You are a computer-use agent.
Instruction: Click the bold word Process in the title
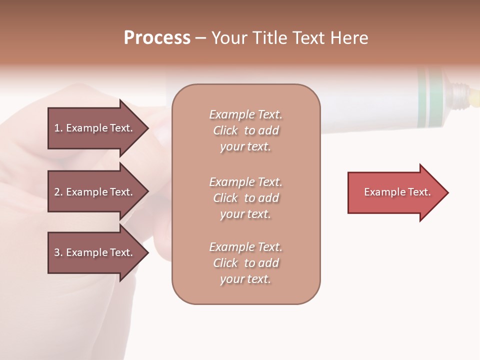click(157, 38)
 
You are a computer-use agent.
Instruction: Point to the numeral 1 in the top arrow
click(57, 128)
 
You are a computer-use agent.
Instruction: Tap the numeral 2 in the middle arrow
click(57, 192)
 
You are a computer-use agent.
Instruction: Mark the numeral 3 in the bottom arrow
click(57, 252)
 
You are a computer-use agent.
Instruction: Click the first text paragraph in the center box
click(245, 130)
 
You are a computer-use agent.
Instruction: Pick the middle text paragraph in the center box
click(245, 198)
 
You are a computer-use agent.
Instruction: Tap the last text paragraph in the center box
click(245, 263)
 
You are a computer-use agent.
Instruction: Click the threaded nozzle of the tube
click(457, 94)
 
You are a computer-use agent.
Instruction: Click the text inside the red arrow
click(397, 192)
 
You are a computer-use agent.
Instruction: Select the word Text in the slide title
click(307, 38)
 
